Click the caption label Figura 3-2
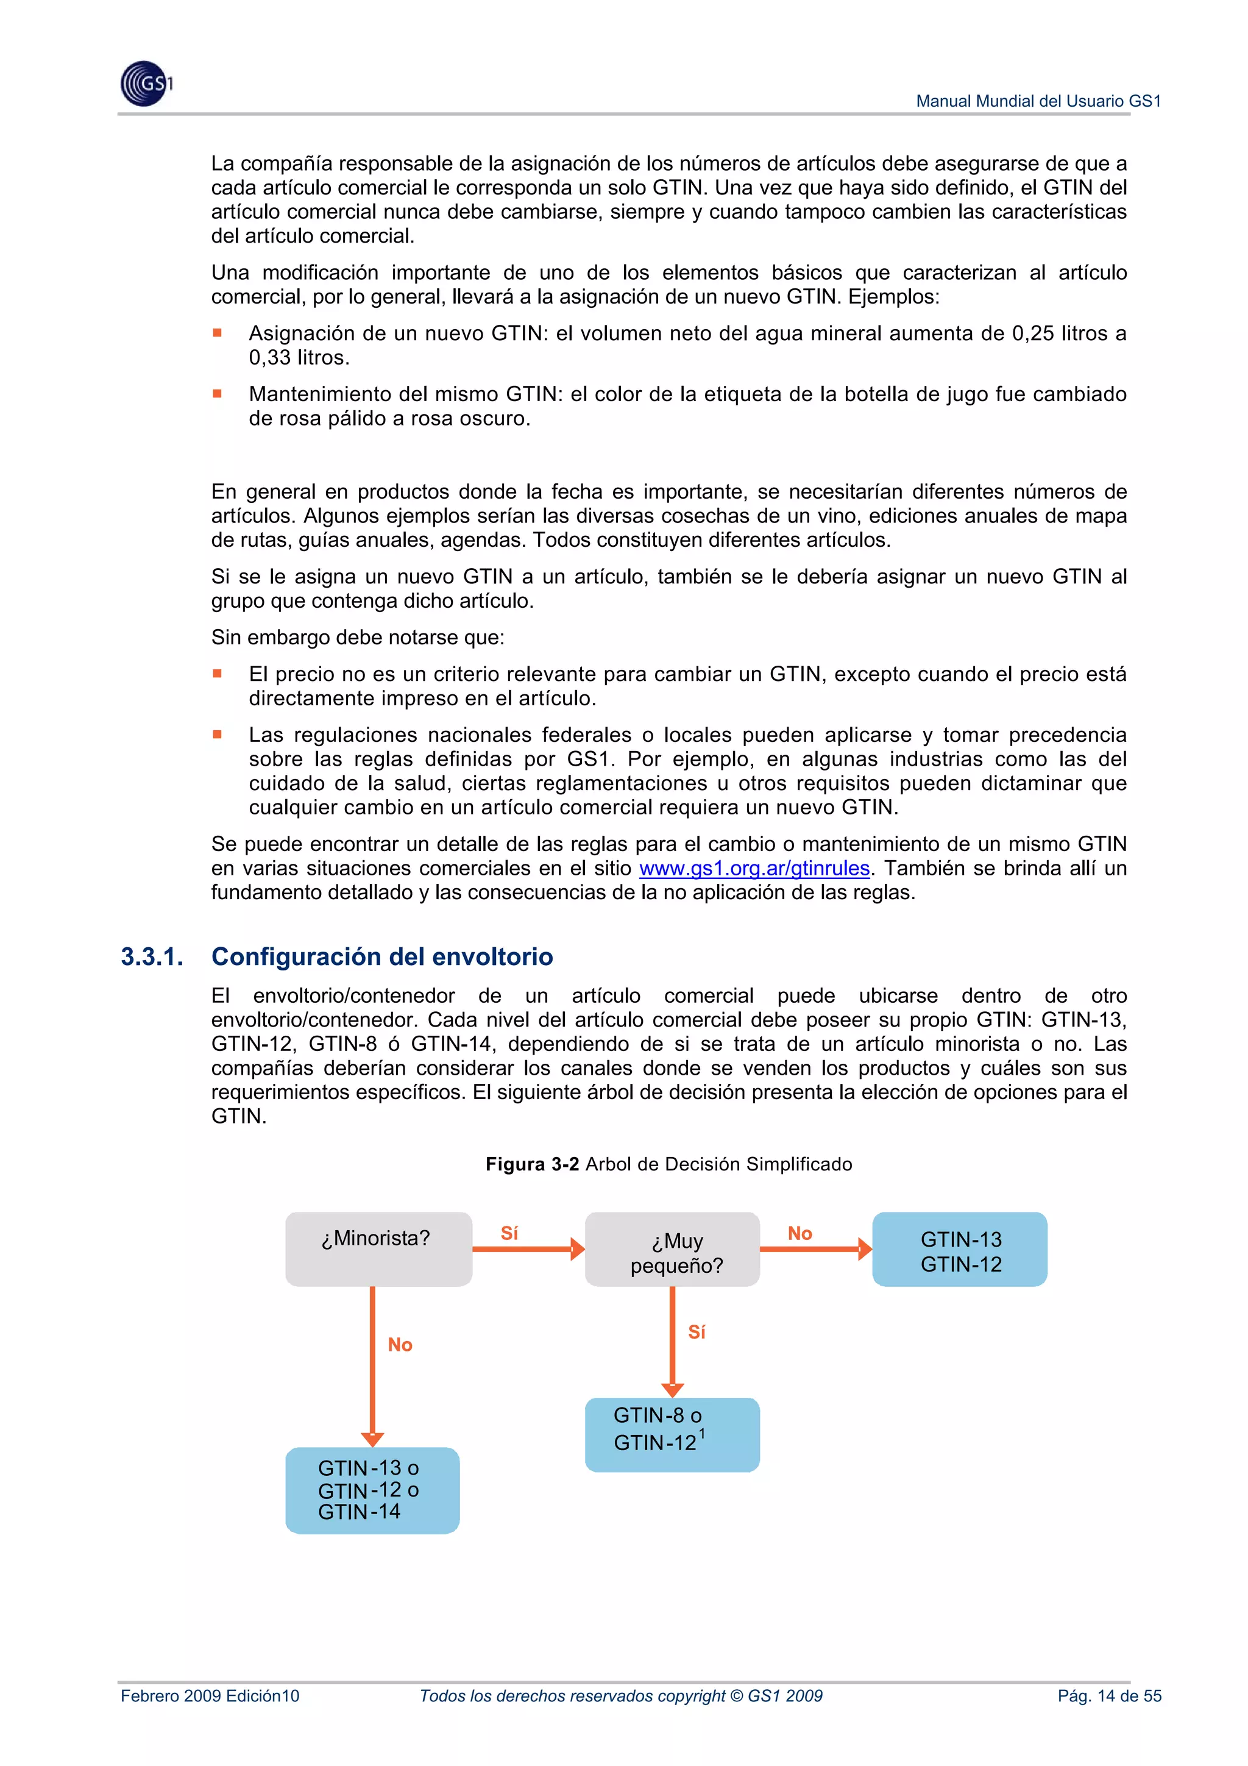point(531,1164)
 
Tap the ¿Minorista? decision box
point(378,1248)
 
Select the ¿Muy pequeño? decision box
point(672,1248)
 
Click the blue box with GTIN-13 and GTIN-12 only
point(959,1248)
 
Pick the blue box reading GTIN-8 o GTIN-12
point(672,1434)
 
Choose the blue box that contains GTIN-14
point(372,1490)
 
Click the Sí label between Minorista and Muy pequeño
point(509,1233)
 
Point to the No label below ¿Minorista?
point(400,1345)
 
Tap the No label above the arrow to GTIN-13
point(799,1233)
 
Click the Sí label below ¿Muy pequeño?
point(697,1331)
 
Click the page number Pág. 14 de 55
point(1109,1696)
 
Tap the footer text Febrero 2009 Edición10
point(210,1696)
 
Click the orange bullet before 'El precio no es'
point(218,673)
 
